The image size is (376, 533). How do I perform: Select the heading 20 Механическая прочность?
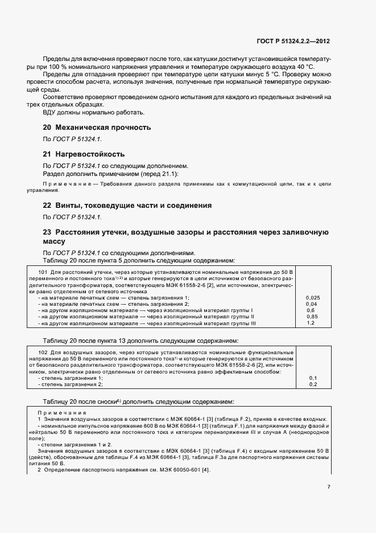click(x=97, y=127)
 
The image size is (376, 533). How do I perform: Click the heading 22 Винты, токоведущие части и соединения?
click(x=127, y=205)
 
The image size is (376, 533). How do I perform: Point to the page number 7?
click(x=329, y=487)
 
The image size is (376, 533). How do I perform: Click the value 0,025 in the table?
click(x=313, y=298)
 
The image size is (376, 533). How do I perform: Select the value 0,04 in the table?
click(x=311, y=304)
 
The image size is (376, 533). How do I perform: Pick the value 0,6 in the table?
click(x=311, y=310)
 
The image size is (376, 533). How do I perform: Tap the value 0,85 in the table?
click(x=312, y=317)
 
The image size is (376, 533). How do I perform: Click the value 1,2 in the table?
click(x=311, y=323)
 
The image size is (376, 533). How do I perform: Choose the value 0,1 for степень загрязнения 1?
click(x=313, y=378)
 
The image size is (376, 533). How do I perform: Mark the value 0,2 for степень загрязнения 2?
click(x=313, y=384)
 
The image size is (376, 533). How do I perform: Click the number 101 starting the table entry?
click(x=42, y=273)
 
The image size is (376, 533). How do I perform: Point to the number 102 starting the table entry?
click(x=42, y=353)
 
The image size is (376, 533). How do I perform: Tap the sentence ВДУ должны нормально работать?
click(x=94, y=112)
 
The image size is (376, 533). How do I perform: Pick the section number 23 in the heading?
click(x=48, y=232)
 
